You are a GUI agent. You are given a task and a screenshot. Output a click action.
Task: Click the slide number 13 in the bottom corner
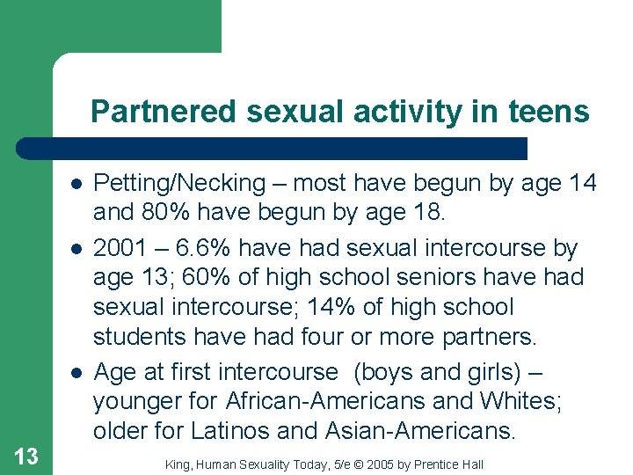26,456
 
